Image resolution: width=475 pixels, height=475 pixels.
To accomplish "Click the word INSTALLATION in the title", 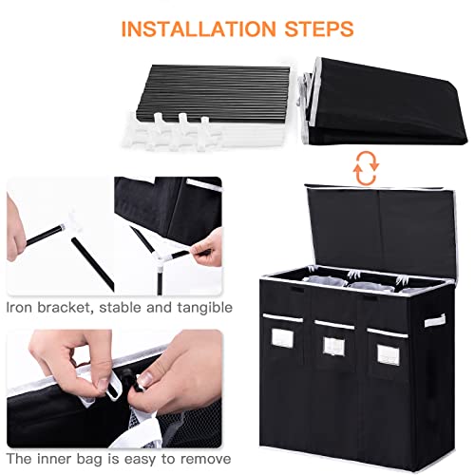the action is click(x=199, y=29).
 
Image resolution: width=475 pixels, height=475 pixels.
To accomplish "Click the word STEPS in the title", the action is click(x=319, y=29).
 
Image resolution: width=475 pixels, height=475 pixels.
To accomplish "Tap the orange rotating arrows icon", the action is click(x=366, y=168).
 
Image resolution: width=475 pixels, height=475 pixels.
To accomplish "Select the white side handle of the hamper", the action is click(x=435, y=320).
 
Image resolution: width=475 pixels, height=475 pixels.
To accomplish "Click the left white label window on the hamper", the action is click(x=282, y=338).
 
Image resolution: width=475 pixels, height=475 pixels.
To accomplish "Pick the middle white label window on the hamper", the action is click(x=333, y=346).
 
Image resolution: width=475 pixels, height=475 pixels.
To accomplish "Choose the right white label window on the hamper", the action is click(x=389, y=355).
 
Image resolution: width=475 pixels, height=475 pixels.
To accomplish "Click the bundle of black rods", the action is click(x=213, y=93).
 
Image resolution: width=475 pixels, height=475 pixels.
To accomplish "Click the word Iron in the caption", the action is click(x=19, y=308).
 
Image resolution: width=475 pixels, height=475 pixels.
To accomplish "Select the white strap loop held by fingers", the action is click(x=113, y=387).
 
